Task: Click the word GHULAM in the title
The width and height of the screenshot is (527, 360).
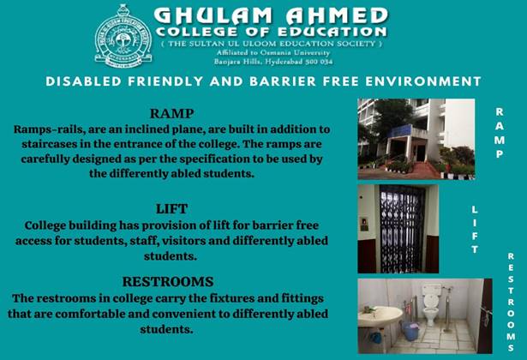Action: click(213, 15)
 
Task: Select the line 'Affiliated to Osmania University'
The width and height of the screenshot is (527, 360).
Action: click(273, 53)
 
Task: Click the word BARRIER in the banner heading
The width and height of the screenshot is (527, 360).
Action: click(282, 81)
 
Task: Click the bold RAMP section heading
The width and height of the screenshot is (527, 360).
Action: click(171, 114)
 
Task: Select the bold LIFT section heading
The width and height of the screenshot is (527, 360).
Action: click(171, 209)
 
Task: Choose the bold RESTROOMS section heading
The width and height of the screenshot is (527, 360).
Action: click(168, 282)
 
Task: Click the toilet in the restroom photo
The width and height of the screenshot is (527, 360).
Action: click(430, 305)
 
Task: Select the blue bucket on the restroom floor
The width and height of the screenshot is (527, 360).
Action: click(410, 331)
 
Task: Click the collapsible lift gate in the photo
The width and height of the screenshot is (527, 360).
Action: click(402, 229)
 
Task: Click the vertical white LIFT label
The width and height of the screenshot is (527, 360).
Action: click(475, 230)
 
